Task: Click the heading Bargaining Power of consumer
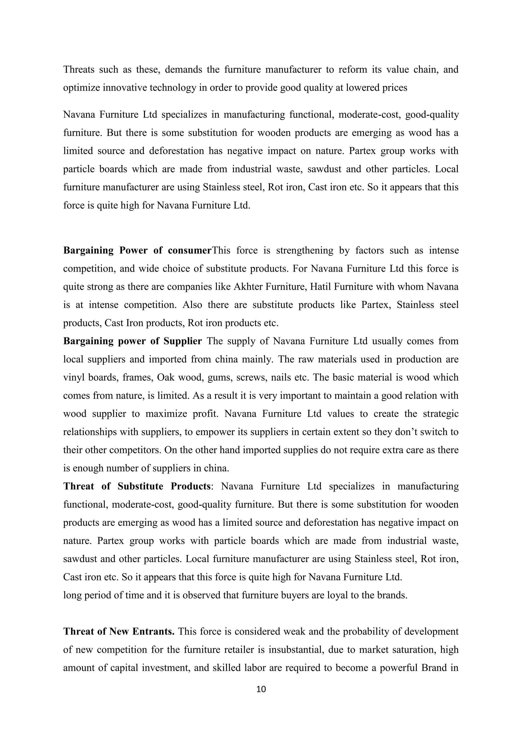click(x=137, y=251)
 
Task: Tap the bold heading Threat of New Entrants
click(x=119, y=632)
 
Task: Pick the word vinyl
click(x=74, y=377)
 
